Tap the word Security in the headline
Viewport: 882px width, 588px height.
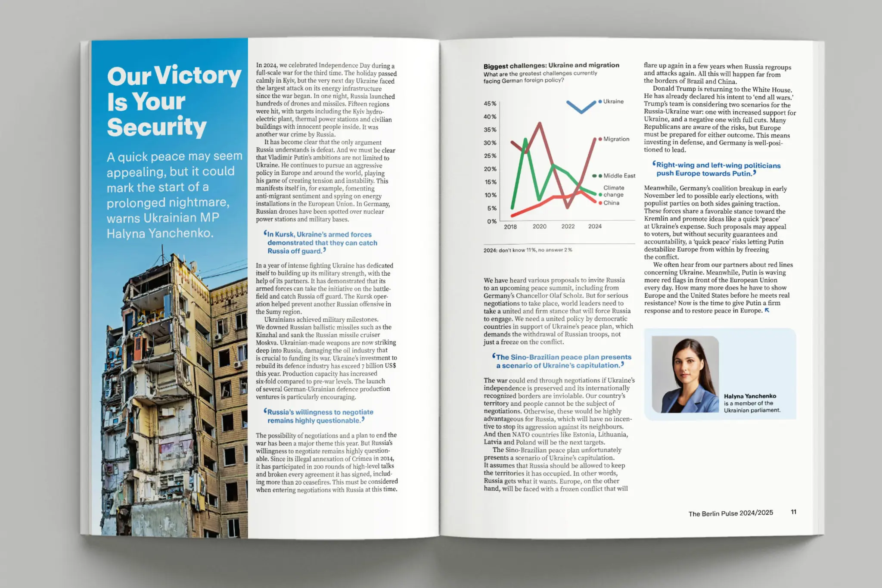(x=157, y=127)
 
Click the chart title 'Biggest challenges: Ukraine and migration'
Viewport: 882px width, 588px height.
(x=551, y=65)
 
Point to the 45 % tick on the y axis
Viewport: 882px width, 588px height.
(x=490, y=104)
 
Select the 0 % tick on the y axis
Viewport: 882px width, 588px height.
(x=491, y=221)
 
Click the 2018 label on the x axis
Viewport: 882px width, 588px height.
(x=510, y=227)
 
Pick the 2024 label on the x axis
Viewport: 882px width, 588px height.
(x=595, y=226)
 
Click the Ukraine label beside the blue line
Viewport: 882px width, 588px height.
(x=613, y=102)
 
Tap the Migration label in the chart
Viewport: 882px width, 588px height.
(x=616, y=139)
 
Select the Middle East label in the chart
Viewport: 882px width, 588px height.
(x=619, y=176)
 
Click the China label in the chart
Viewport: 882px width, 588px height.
(x=611, y=203)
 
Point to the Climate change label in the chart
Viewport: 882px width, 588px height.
(x=614, y=191)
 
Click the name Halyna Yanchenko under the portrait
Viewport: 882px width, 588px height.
(x=750, y=396)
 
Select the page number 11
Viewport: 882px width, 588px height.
(x=793, y=512)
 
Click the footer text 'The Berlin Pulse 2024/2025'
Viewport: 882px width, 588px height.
(x=730, y=513)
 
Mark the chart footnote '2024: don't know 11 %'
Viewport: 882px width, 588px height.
(x=528, y=250)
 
